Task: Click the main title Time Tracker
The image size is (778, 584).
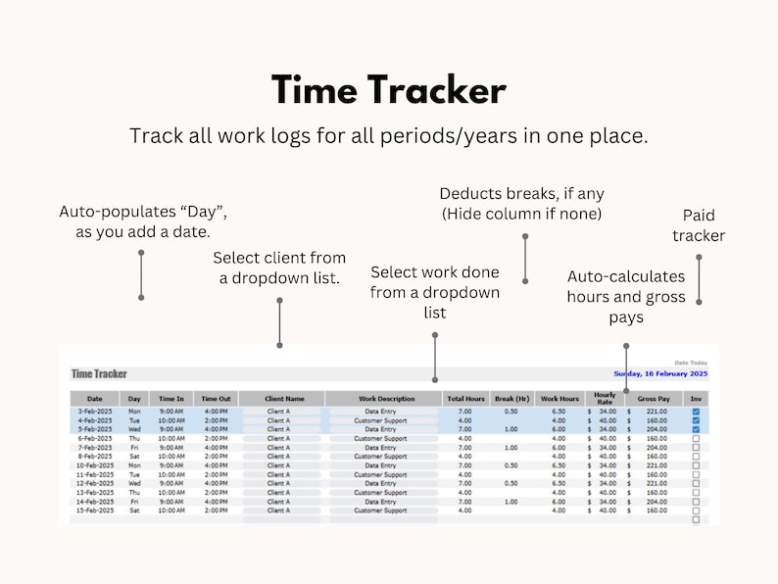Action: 389,90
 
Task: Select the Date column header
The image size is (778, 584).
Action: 95,399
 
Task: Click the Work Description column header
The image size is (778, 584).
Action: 386,399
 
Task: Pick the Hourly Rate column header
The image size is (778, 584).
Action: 605,399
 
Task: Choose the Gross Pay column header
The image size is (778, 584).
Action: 654,399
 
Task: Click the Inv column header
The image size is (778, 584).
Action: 696,399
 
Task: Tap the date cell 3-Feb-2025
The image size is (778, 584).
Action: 96,412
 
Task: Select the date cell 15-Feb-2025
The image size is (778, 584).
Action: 96,511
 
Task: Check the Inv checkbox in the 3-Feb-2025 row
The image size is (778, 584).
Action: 696,412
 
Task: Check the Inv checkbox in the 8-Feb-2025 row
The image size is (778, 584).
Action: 696,457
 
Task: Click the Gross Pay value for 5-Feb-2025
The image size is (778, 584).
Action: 657,429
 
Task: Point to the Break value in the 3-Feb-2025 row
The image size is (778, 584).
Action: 511,412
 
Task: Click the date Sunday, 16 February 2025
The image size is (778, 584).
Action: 659,373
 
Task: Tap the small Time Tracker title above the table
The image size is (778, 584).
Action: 99,373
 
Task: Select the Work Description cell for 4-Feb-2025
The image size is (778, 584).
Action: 380,420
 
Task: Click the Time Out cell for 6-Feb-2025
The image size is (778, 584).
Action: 217,438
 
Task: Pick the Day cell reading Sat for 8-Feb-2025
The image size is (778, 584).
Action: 134,457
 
